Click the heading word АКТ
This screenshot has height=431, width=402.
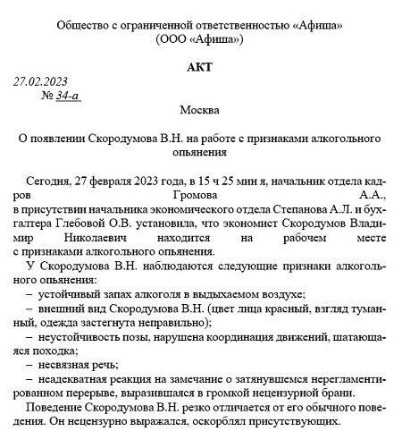click(x=201, y=66)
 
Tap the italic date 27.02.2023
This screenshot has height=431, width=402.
click(x=41, y=81)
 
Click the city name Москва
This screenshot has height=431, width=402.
click(x=200, y=111)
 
